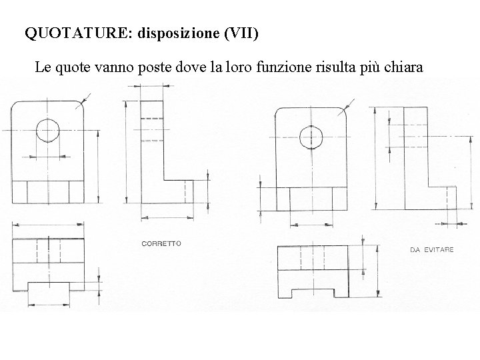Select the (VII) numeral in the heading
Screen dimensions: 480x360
coord(241,33)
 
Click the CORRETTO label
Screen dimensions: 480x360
coord(161,243)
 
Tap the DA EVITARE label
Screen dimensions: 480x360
coord(431,249)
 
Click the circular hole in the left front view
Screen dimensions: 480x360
coord(48,130)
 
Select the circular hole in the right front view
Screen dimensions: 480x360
coord(311,137)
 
